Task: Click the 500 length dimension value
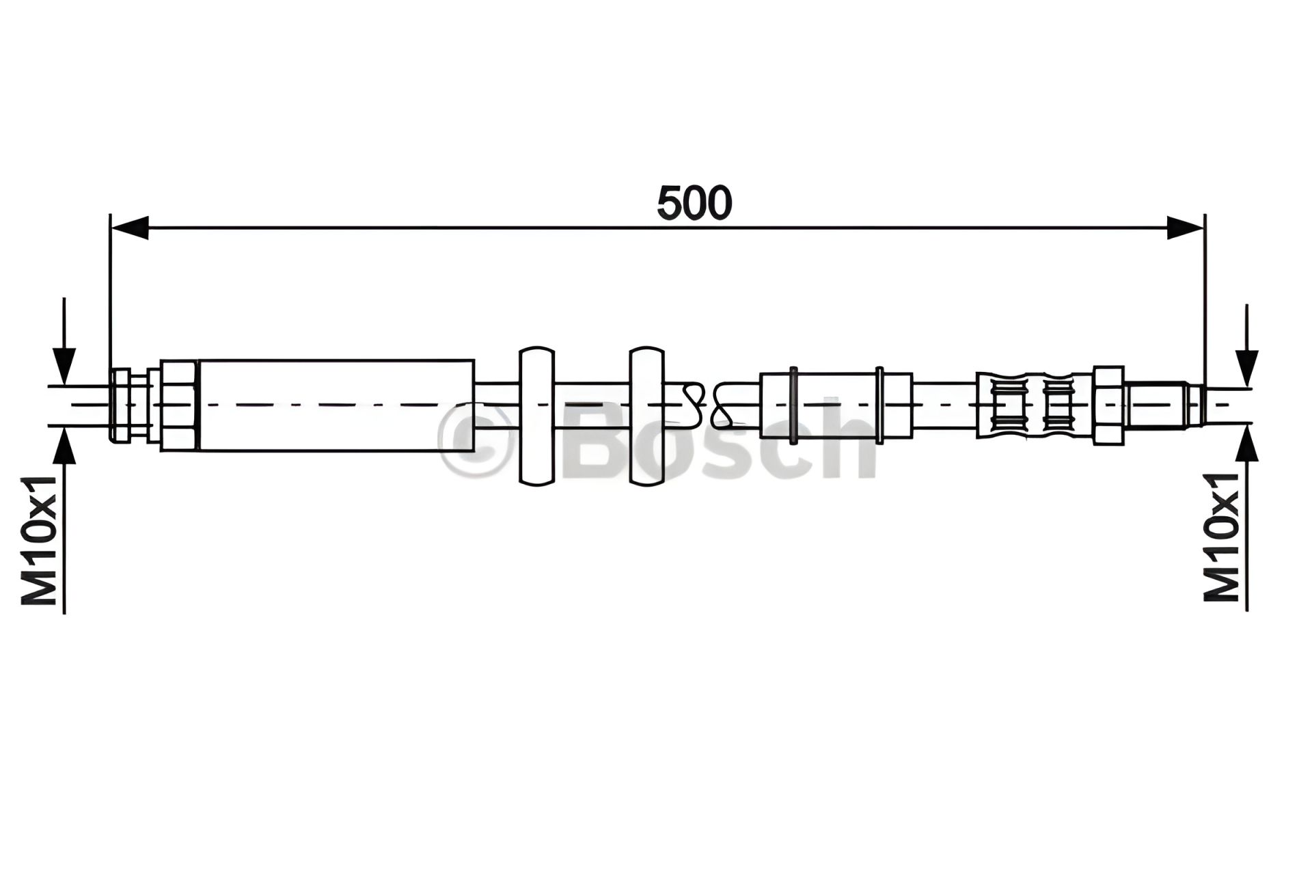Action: pos(694,203)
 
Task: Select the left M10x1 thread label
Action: pos(39,541)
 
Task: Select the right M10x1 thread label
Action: pos(1221,537)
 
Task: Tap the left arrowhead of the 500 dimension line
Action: pos(130,228)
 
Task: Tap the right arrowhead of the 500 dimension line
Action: pos(1185,228)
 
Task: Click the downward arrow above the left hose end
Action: pos(64,342)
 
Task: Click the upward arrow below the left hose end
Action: pos(64,520)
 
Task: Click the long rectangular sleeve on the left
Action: pos(336,405)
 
